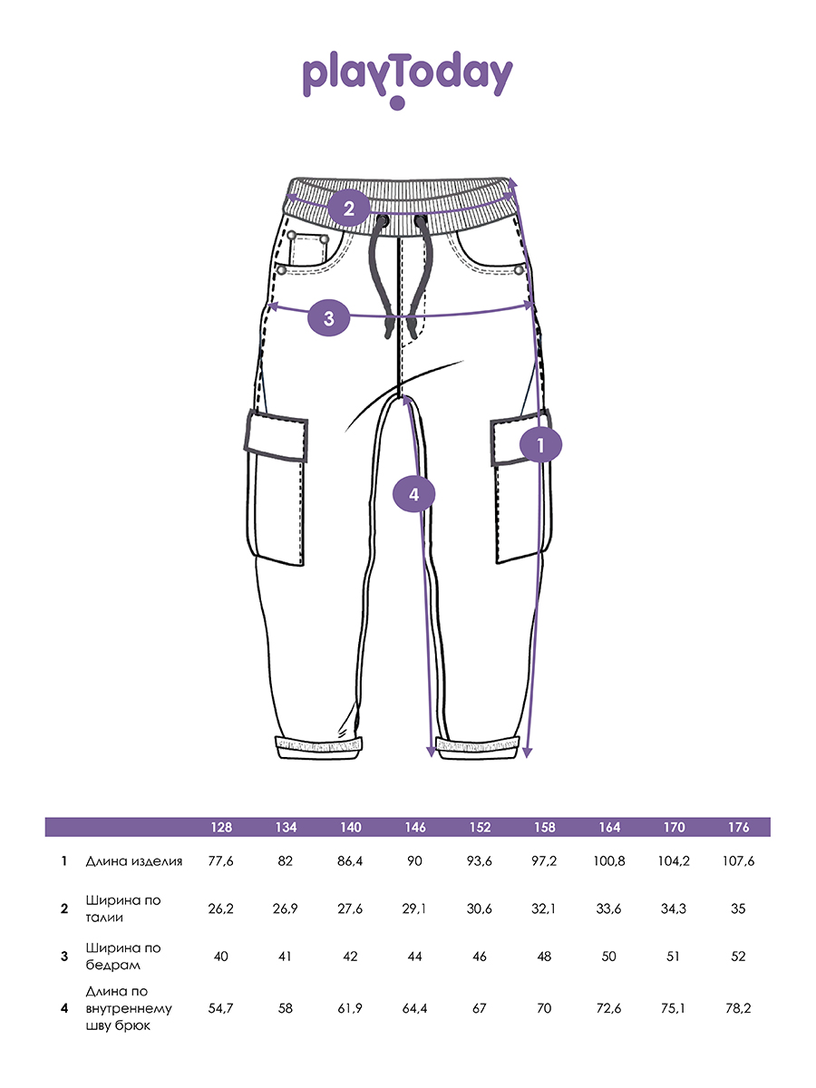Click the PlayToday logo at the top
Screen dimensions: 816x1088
(408, 79)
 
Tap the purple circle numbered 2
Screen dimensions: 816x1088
(349, 209)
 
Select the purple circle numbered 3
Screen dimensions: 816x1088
(329, 317)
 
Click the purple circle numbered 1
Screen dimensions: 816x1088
(540, 444)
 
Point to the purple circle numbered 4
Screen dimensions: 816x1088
(413, 494)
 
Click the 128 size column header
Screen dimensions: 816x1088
(221, 827)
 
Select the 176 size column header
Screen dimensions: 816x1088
(738, 827)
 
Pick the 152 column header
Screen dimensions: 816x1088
(480, 827)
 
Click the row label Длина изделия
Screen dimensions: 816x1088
(134, 861)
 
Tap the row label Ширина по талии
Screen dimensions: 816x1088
(123, 908)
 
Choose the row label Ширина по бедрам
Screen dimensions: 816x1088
(123, 957)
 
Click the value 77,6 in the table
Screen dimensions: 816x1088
(221, 861)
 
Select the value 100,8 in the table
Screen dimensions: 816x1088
(609, 861)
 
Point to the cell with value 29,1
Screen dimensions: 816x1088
(414, 908)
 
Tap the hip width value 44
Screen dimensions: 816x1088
(414, 957)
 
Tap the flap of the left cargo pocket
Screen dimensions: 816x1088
(276, 436)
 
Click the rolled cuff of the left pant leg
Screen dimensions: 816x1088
(319, 747)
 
